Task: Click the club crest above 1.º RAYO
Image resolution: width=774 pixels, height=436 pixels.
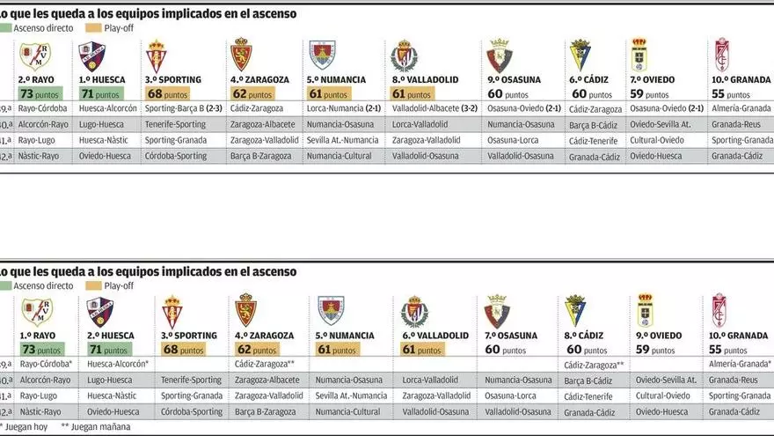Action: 37,312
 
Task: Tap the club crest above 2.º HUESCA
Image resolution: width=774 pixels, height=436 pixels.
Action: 99,312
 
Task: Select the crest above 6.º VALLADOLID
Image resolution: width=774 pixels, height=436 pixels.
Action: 414,312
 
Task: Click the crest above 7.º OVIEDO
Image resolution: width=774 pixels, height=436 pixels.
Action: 639,55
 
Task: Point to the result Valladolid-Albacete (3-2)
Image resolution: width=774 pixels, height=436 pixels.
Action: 434,109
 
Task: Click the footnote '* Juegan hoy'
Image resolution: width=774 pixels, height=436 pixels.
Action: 27,427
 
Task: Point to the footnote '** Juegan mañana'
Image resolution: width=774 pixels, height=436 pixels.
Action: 96,427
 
